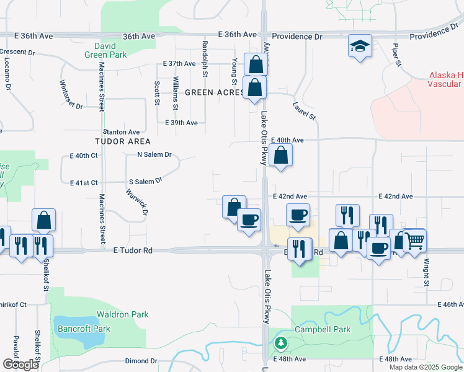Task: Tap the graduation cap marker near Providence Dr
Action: pos(360,46)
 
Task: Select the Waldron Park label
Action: pos(126,314)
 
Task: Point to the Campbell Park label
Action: pos(323,329)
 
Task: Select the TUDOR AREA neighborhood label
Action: pos(118,141)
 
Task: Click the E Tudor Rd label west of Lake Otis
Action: pos(133,250)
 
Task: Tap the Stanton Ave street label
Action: pos(122,132)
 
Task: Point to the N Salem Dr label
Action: pos(154,154)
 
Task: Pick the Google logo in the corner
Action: pos(20,365)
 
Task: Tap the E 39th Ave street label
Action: pos(181,123)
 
